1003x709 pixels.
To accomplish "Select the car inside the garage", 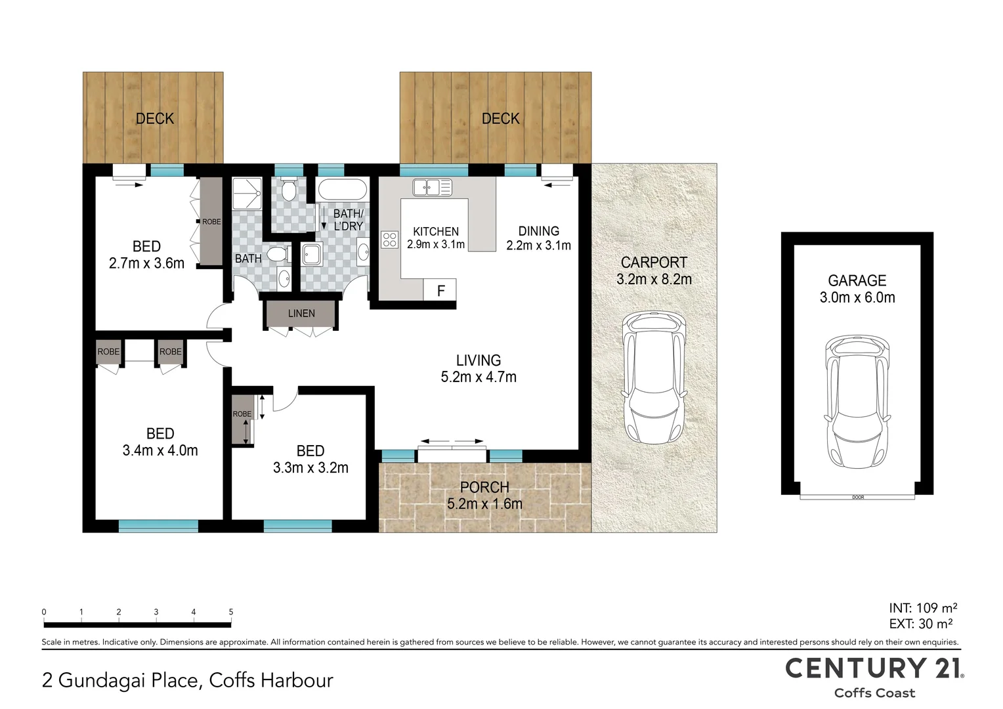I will coord(857,402).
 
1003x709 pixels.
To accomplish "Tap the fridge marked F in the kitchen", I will coord(441,290).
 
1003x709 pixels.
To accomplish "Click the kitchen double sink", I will coord(432,188).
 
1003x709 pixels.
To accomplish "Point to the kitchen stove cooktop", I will coord(389,240).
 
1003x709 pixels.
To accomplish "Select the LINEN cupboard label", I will coord(301,314).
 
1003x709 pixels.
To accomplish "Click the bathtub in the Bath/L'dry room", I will coord(342,190).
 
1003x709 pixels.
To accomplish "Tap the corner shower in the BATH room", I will coord(247,193).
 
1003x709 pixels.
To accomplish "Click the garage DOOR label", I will coord(857,498).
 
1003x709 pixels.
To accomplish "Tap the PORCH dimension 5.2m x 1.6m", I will coord(484,504).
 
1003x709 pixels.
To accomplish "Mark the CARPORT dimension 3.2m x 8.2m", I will coord(654,280).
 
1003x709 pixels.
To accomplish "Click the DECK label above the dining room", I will coord(500,119).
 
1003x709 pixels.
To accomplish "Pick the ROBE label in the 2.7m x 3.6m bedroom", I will coord(211,222).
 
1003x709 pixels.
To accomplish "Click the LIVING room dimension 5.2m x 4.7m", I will coord(479,377).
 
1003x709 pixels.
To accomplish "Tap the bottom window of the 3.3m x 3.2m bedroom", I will coord(297,526).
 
